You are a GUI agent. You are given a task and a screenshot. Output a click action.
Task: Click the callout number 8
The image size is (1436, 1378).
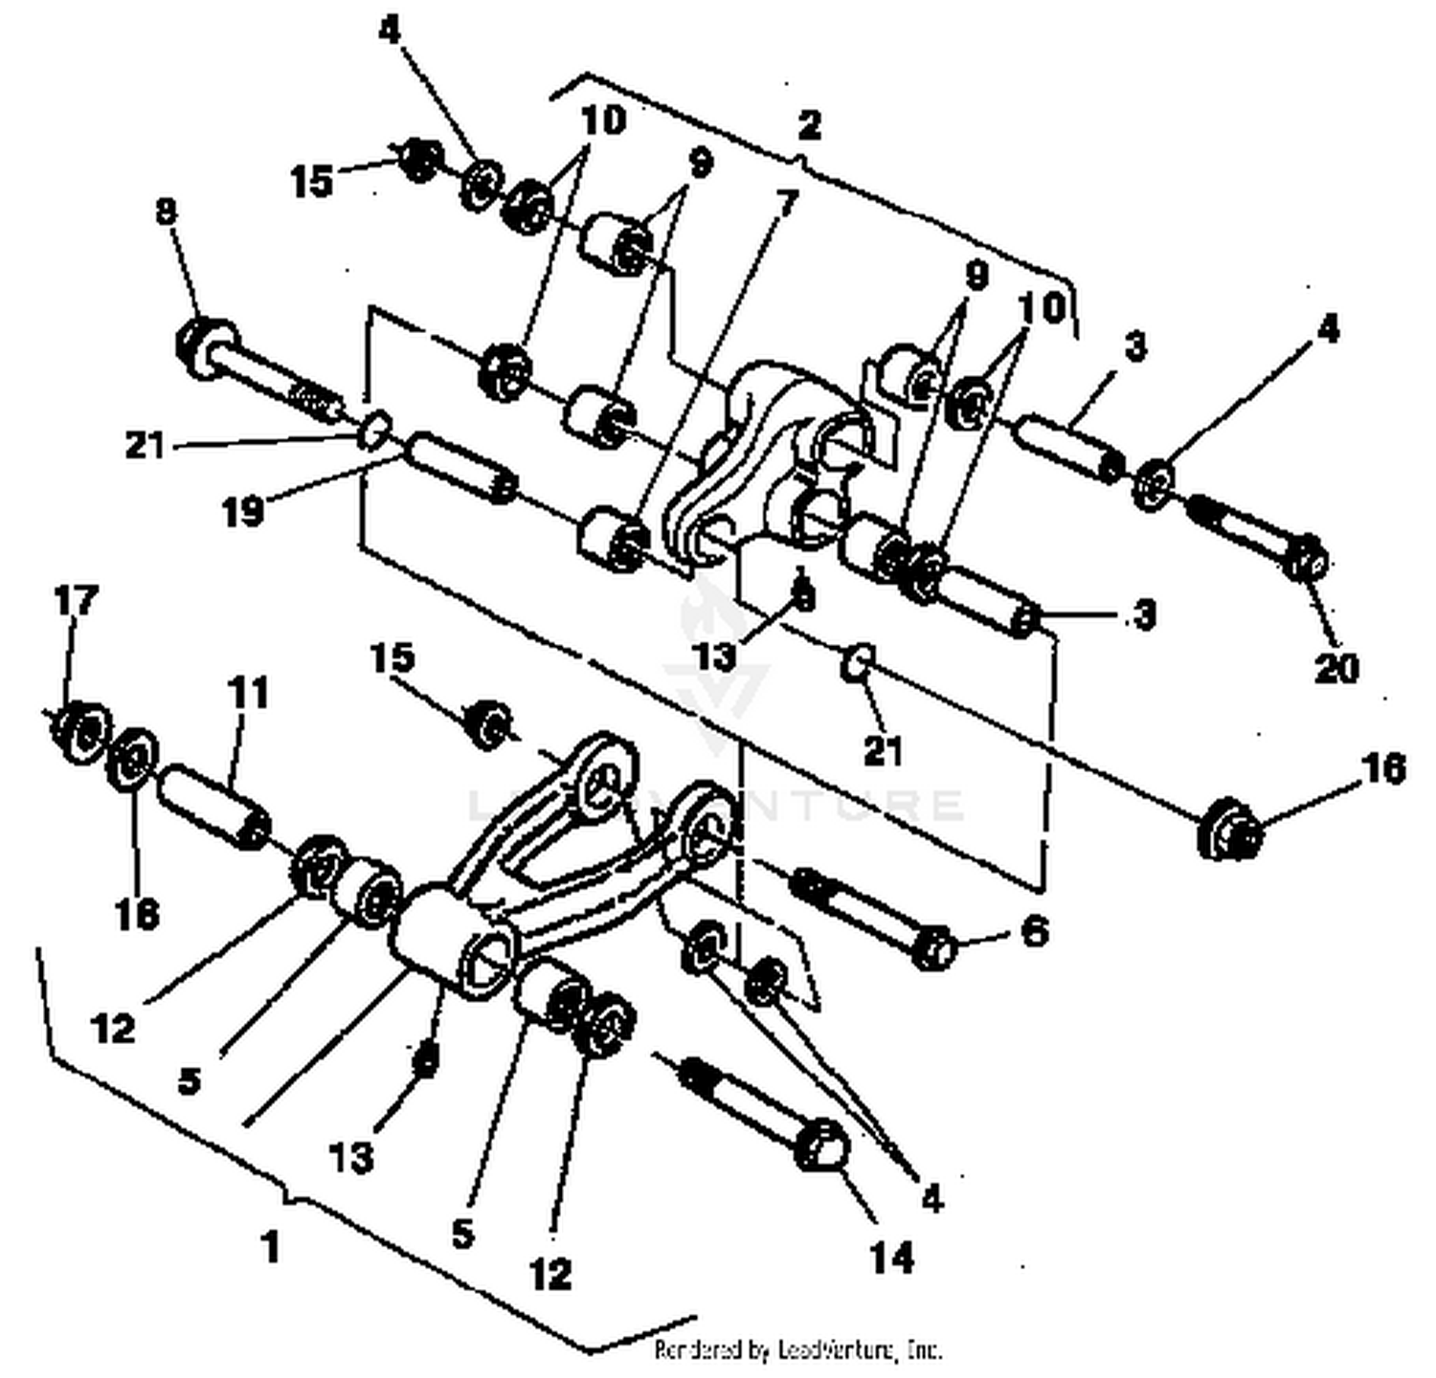pos(168,211)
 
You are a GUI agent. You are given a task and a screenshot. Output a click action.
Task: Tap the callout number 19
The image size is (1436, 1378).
pos(242,512)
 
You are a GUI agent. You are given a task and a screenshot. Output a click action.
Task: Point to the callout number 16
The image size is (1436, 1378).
pos(1382,768)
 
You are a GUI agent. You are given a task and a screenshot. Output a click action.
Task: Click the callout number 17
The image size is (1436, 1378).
pos(76,602)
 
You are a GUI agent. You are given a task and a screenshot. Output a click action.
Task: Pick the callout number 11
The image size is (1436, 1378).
pos(248,692)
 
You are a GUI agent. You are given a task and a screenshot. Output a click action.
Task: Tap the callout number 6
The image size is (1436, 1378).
pos(1035,930)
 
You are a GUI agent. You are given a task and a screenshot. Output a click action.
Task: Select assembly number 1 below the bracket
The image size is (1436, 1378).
pos(271,1247)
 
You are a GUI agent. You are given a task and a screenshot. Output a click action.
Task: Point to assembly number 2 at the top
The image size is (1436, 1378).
pos(809,124)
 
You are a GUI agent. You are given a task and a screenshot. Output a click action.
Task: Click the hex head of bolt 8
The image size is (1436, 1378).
pos(203,343)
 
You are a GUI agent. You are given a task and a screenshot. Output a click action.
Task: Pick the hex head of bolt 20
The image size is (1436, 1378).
pos(1305,558)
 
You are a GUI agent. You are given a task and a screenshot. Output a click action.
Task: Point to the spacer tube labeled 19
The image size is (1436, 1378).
pos(457,469)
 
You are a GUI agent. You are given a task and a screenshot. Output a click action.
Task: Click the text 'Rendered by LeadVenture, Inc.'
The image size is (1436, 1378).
pos(797,1350)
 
